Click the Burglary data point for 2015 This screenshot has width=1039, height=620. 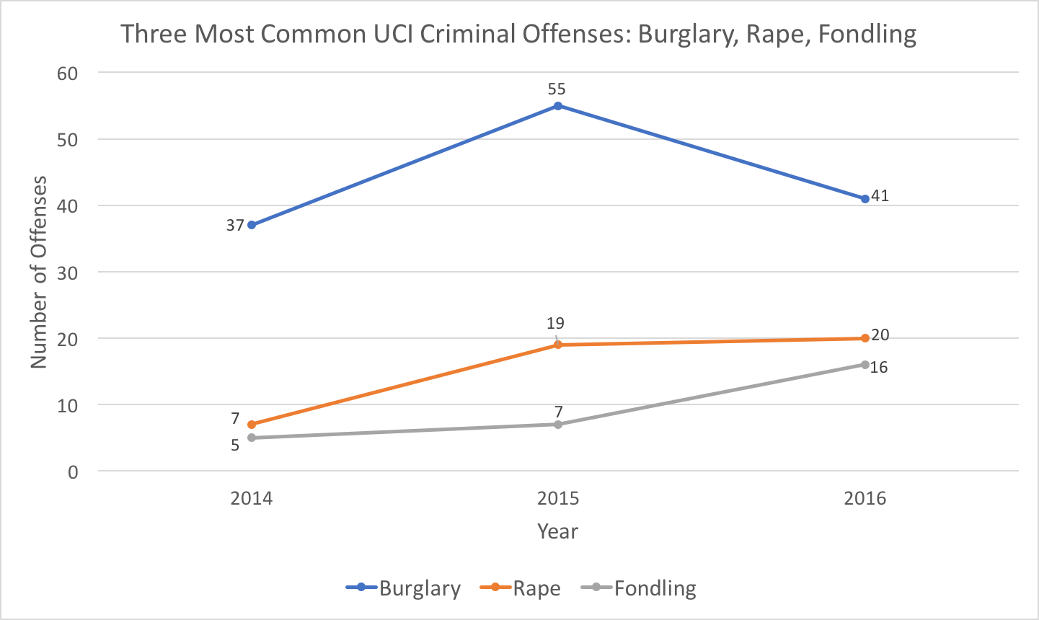pos(558,106)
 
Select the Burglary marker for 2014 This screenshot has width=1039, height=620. pos(252,225)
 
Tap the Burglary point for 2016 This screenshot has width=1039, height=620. pos(865,199)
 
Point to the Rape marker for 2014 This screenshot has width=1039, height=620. pos(252,425)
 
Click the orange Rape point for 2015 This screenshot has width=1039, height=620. pos(558,345)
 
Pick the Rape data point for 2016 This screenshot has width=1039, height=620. pos(865,338)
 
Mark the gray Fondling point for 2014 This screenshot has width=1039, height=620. pos(252,438)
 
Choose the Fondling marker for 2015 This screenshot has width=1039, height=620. pos(558,424)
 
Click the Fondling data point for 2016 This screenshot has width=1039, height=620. pos(865,365)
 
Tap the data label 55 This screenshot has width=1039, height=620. pos(557,89)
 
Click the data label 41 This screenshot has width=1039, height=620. pos(880,195)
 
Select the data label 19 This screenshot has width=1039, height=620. pos(555,324)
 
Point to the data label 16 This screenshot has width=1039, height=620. pos(879,368)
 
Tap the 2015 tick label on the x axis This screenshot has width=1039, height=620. pos(558,499)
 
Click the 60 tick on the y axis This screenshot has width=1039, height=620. pos(67,73)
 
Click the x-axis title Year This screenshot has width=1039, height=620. pos(557,532)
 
